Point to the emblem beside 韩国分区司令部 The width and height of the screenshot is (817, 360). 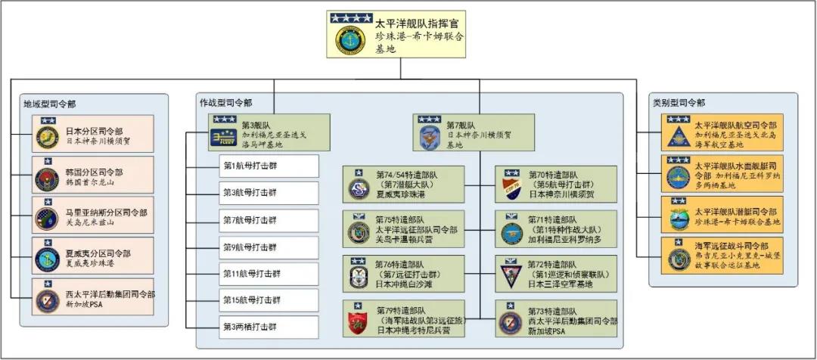tap(47, 179)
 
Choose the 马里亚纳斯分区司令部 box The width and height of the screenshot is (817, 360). tap(92, 216)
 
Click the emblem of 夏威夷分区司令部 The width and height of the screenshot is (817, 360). tap(47, 259)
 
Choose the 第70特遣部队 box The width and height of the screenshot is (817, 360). tap(556, 185)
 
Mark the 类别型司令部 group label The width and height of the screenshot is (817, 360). tap(679, 103)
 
